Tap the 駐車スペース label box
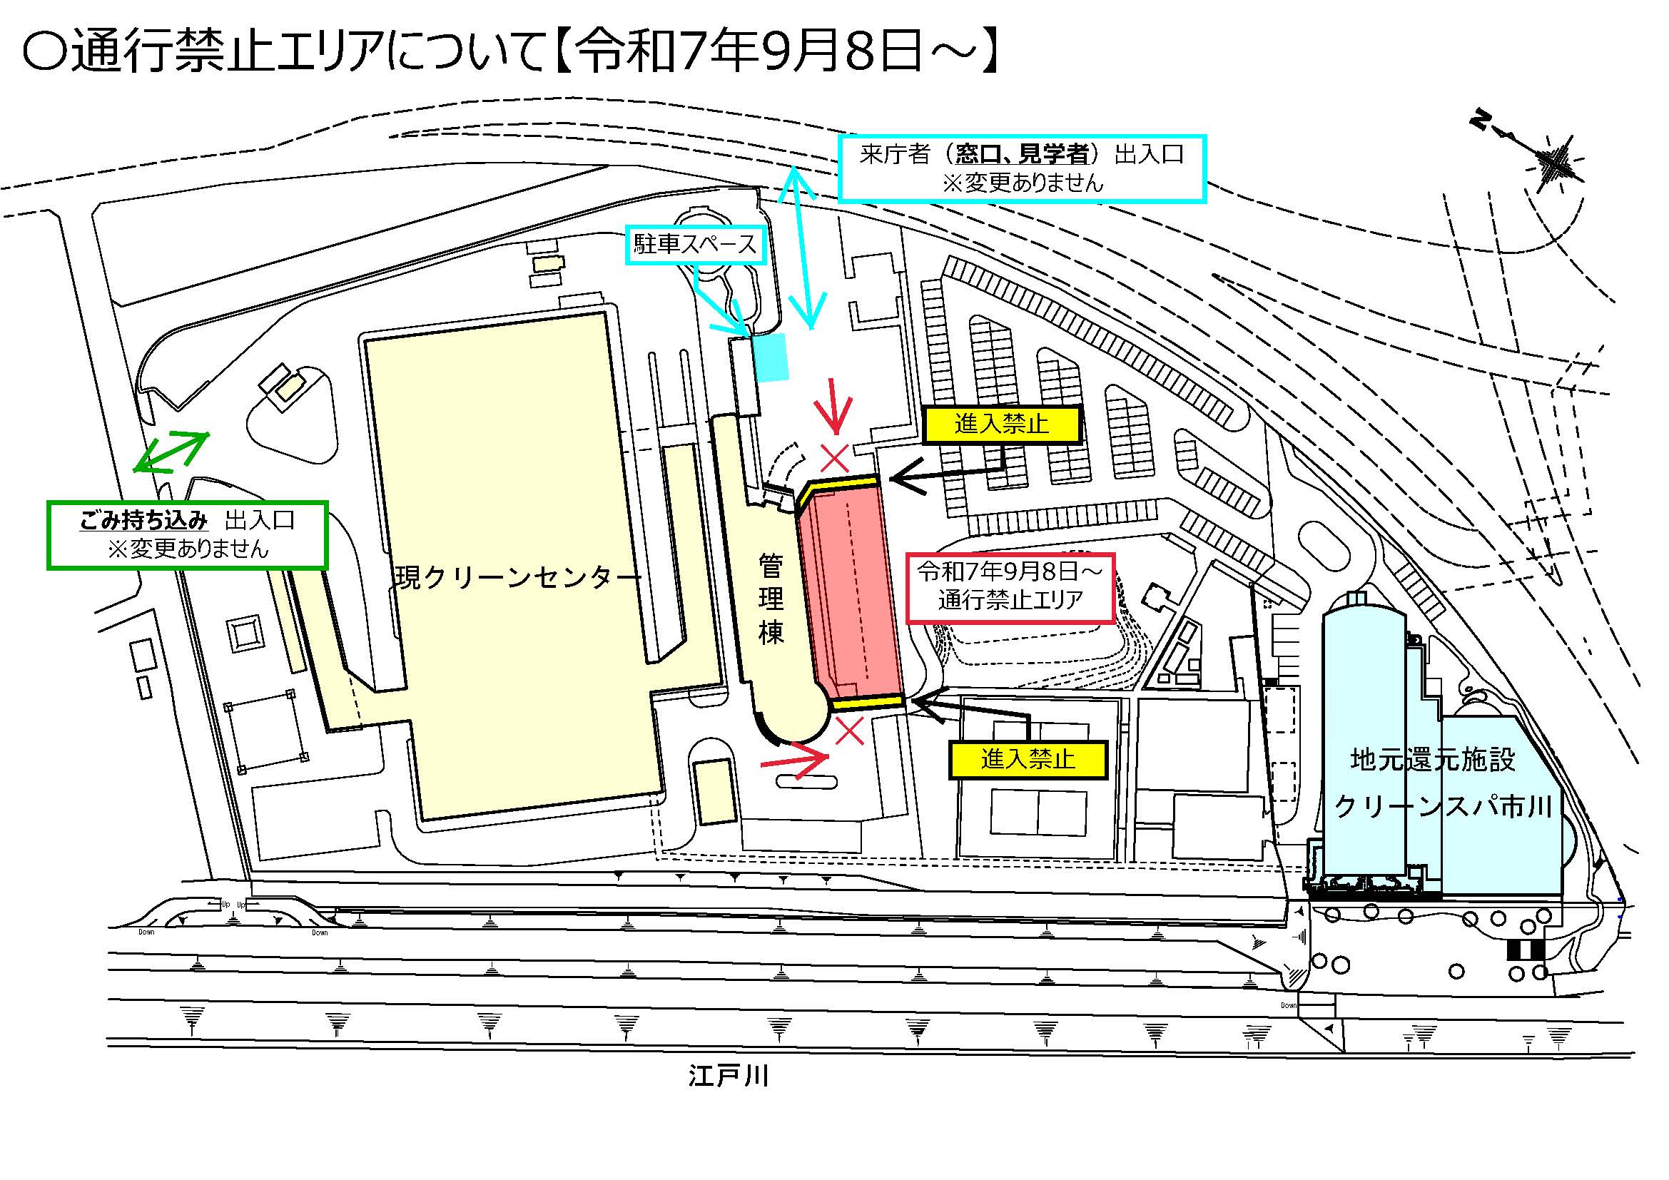coord(695,245)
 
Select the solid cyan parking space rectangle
coord(771,357)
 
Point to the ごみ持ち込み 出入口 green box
coord(187,535)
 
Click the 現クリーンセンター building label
coord(518,578)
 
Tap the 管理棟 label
coord(771,599)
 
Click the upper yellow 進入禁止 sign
coord(1003,424)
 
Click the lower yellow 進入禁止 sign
coord(1028,760)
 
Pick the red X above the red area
coord(836,459)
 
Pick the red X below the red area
coord(849,731)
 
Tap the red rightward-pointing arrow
coord(794,759)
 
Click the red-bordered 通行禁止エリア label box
coord(1010,586)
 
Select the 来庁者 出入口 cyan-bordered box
coord(1022,168)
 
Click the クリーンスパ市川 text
coord(1443,808)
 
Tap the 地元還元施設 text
coord(1433,760)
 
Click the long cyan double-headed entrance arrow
coord(803,247)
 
